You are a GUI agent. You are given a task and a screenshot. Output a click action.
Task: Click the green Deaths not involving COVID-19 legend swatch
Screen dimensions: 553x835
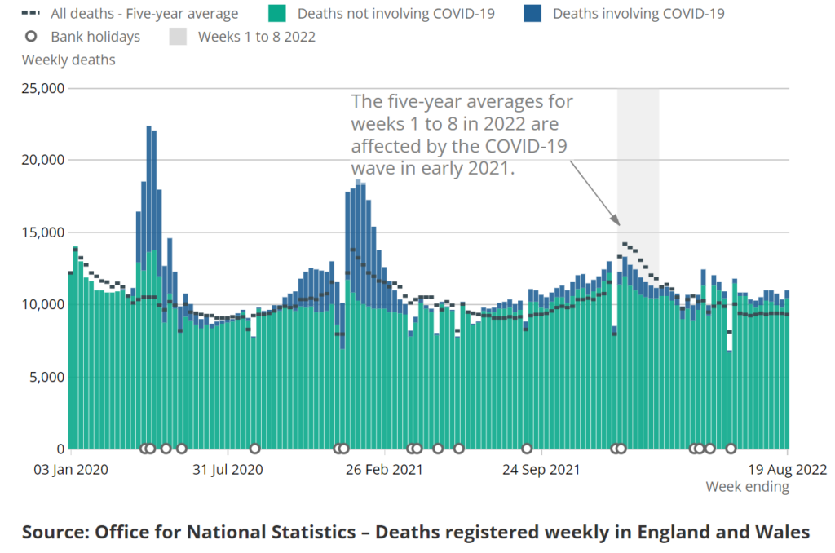click(273, 13)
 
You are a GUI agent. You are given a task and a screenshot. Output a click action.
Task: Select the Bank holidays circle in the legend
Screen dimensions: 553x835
click(32, 37)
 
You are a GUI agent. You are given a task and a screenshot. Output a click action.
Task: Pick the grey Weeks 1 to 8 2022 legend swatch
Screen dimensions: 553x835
click(179, 37)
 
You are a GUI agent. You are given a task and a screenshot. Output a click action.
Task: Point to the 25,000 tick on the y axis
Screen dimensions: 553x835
click(42, 88)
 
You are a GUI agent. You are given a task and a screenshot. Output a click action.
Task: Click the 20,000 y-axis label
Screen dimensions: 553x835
click(42, 160)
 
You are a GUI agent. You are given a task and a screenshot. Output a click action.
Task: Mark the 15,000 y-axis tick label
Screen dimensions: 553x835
click(42, 232)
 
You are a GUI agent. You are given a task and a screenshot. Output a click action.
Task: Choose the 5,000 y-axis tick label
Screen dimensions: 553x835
click(45, 377)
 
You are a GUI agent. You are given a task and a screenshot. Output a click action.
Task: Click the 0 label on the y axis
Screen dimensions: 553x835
click(60, 449)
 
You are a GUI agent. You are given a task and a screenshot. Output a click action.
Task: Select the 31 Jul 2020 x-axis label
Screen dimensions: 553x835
click(228, 470)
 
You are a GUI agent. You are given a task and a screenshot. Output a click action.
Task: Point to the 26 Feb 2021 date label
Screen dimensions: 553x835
click(385, 470)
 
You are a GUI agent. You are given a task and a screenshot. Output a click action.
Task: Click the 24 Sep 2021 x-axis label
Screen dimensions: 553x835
click(541, 470)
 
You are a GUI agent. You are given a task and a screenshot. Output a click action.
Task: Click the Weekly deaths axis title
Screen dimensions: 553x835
click(68, 60)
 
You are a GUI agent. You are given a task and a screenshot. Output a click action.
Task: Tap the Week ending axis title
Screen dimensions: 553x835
click(747, 487)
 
